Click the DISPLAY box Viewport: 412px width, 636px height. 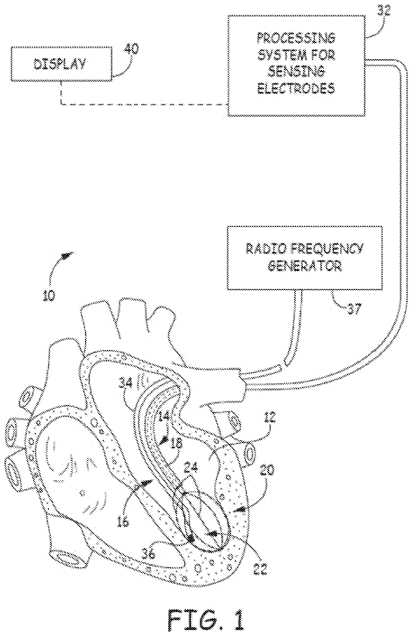pos(62,64)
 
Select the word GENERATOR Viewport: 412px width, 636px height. pos(304,266)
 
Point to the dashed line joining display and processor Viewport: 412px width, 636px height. pos(143,105)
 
